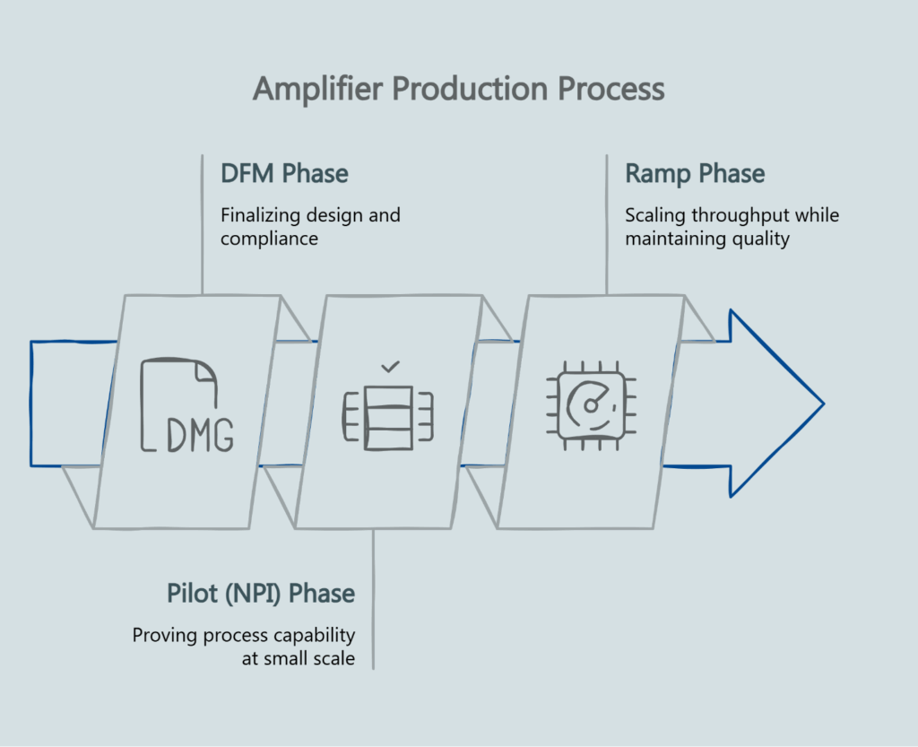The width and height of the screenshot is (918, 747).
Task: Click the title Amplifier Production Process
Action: click(x=458, y=90)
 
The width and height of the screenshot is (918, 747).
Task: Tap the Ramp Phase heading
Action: click(x=695, y=173)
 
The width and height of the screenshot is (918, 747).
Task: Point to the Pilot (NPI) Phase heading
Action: click(x=261, y=594)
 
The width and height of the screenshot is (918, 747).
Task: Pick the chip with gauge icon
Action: click(x=591, y=405)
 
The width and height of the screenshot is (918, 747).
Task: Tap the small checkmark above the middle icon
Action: click(x=389, y=367)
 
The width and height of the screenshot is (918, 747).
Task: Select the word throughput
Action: click(x=735, y=216)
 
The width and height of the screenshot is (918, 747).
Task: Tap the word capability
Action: click(x=310, y=636)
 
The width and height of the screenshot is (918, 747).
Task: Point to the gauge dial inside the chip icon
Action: click(x=591, y=404)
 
